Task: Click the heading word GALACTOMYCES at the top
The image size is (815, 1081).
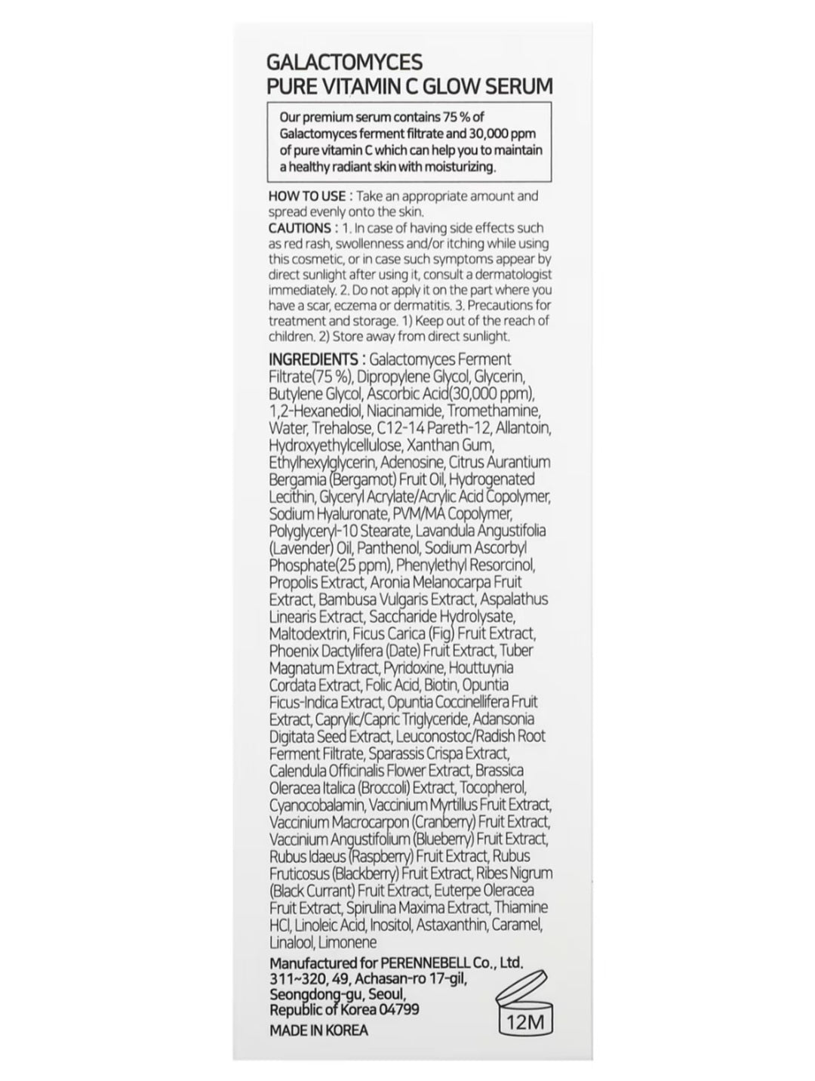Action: pyautogui.click(x=345, y=62)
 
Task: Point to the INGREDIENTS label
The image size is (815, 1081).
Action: pyautogui.click(x=313, y=359)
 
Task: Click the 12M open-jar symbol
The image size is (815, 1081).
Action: pyautogui.click(x=524, y=1010)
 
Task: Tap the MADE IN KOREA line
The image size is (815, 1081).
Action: pyautogui.click(x=318, y=1030)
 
